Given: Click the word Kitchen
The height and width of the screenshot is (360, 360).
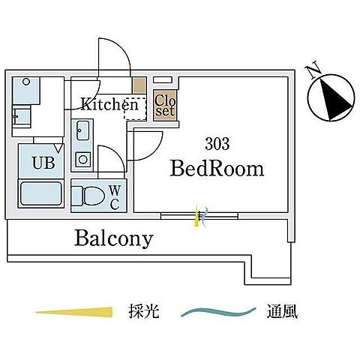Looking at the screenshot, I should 109,105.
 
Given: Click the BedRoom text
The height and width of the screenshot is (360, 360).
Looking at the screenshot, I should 217,169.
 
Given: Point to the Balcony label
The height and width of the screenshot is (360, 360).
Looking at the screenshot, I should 113,238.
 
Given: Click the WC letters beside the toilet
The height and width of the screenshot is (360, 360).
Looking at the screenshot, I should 115,196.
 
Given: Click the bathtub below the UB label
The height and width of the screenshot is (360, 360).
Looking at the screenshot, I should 41,195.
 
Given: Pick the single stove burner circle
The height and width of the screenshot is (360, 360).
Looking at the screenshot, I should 83,159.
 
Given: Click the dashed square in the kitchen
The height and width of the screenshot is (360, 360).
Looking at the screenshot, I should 133,109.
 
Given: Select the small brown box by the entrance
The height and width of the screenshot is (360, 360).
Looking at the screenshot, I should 139,85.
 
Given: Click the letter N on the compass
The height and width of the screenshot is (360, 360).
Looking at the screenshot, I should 313,71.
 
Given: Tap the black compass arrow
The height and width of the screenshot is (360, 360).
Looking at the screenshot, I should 332,96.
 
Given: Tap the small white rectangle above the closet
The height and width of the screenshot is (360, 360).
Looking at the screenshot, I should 163,79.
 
